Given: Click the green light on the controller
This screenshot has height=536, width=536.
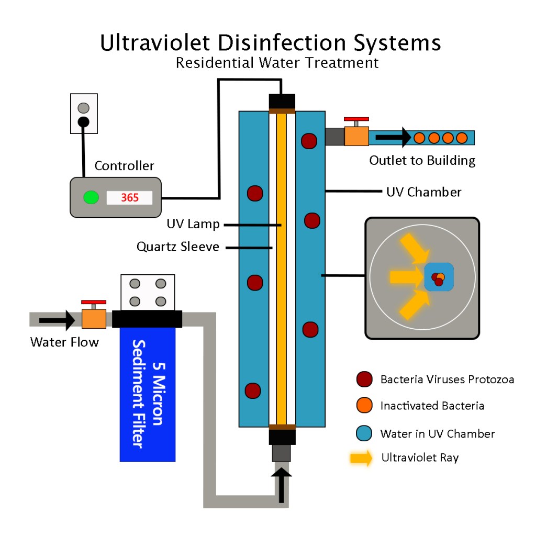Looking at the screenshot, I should pyautogui.click(x=91, y=197).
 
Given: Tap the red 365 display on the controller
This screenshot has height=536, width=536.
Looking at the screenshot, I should pyautogui.click(x=130, y=198).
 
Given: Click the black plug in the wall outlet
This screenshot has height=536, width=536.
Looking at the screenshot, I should pyautogui.click(x=83, y=122).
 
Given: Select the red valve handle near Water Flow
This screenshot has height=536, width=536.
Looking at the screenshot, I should pyautogui.click(x=94, y=302).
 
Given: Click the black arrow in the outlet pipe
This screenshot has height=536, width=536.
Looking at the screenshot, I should pyautogui.click(x=394, y=138).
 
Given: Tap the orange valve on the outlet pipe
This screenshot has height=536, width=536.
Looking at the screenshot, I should pyautogui.click(x=356, y=136).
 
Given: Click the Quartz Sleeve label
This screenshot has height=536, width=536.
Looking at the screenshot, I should pyautogui.click(x=178, y=247).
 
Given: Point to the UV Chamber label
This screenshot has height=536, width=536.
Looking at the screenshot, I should pyautogui.click(x=424, y=192).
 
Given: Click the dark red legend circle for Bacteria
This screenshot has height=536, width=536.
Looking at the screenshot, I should pyautogui.click(x=364, y=379).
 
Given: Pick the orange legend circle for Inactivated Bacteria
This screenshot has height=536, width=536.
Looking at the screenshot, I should pyautogui.click(x=364, y=406).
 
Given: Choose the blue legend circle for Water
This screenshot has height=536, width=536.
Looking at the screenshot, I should pyautogui.click(x=364, y=433).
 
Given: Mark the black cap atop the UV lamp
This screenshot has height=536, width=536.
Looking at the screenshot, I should pyautogui.click(x=282, y=100).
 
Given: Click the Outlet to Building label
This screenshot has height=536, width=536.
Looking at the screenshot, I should pyautogui.click(x=422, y=160).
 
